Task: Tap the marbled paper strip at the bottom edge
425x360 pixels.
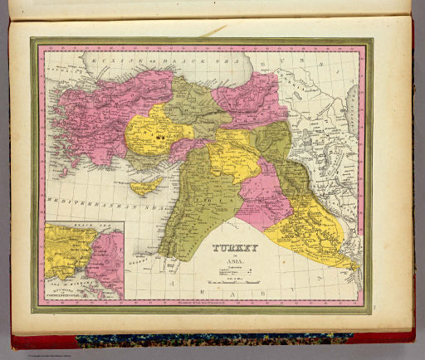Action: coord(208,339)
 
